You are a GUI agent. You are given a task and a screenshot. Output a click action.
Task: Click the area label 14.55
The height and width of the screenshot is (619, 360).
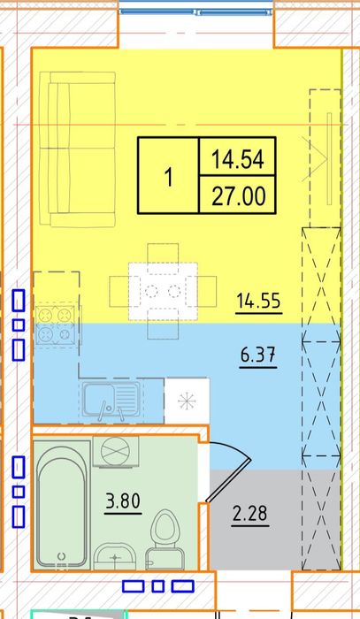(259, 301)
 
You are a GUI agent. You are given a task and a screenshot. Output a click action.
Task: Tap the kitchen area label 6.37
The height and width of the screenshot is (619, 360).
(258, 355)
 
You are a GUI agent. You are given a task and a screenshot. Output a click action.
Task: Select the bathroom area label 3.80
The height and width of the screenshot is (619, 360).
(123, 501)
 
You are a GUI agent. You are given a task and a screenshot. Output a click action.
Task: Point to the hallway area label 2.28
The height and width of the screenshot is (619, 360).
(249, 514)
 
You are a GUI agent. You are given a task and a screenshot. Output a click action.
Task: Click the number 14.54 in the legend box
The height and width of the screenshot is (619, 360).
(237, 159)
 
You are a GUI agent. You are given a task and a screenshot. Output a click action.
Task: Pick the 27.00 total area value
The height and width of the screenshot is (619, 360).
(238, 196)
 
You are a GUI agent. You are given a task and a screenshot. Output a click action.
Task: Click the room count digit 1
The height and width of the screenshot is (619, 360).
(169, 177)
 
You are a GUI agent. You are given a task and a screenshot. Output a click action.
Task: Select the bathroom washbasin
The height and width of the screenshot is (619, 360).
(115, 556)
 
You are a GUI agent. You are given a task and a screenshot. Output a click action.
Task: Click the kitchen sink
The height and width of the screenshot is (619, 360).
(111, 400)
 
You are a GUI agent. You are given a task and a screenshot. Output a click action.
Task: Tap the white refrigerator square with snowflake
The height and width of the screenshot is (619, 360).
(187, 401)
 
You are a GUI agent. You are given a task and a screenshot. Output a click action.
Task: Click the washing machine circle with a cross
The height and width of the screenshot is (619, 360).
(116, 451)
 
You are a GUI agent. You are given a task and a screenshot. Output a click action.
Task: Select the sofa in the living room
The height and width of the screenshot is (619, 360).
(77, 149)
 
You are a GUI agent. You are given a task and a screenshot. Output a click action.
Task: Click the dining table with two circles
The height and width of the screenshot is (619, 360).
(163, 291)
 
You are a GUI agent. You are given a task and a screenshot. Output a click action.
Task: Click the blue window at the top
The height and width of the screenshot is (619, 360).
(196, 11)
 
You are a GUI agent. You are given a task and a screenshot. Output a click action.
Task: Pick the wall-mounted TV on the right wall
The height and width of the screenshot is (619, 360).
(329, 158)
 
